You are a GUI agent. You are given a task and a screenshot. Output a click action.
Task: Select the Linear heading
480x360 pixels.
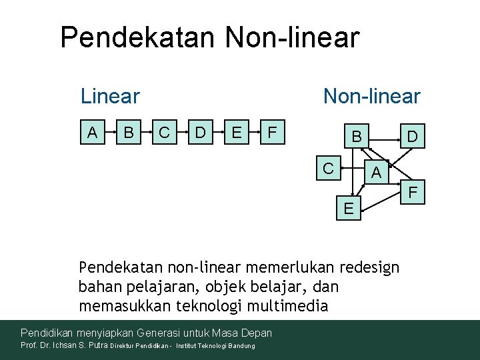click(x=110, y=96)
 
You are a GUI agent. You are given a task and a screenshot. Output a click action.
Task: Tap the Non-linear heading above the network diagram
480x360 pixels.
click(x=371, y=96)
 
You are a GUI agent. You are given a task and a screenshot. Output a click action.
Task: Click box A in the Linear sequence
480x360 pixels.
click(x=93, y=133)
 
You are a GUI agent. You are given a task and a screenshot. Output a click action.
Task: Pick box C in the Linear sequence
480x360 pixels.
click(x=164, y=133)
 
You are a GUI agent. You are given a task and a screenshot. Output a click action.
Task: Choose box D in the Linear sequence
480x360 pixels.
click(x=200, y=133)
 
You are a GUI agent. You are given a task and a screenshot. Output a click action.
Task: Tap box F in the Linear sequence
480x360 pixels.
click(x=271, y=133)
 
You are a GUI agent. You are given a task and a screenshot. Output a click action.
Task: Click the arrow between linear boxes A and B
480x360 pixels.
click(x=111, y=133)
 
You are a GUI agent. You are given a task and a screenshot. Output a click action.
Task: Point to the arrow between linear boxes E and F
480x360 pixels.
click(x=254, y=133)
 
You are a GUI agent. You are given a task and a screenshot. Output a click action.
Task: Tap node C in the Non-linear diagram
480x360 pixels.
click(x=328, y=168)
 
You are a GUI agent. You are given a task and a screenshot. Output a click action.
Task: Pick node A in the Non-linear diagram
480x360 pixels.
click(x=377, y=173)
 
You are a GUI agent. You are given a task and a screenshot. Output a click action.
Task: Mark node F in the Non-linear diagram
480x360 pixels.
click(x=413, y=193)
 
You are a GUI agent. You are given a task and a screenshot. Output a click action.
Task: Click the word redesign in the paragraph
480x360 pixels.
click(x=369, y=268)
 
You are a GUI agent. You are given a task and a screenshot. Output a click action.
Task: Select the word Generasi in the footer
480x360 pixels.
click(x=163, y=332)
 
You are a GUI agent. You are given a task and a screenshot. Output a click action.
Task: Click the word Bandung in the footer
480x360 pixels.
click(x=241, y=346)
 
